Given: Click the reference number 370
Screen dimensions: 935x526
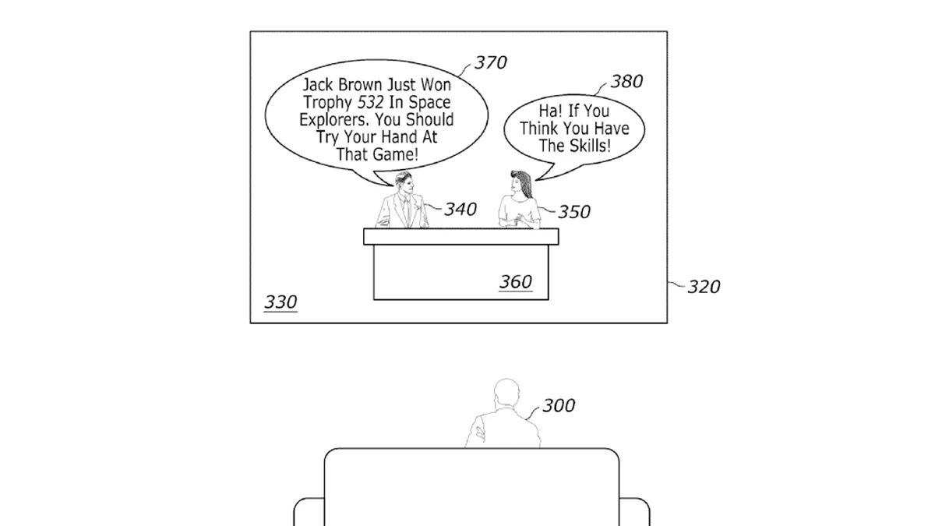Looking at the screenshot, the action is pos(491,62).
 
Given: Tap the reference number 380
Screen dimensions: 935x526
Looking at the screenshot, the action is pos(626,81).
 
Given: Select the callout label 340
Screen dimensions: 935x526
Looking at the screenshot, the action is pos(460,209).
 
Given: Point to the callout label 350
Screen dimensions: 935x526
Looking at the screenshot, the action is pos(574,212).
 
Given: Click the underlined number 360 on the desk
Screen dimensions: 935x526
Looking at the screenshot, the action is pos(516,282).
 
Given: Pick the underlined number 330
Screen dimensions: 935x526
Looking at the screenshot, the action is pos(280,302).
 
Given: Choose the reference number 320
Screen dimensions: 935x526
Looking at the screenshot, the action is pos(704,287).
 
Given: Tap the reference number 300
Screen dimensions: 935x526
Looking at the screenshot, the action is pos(559,405).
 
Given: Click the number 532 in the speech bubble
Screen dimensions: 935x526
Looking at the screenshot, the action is pos(371,102).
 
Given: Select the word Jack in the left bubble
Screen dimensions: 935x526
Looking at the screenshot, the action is pos(318,85).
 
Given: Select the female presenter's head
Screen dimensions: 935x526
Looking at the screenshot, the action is pos(520,183).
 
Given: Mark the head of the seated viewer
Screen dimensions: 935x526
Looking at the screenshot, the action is pos(506,393).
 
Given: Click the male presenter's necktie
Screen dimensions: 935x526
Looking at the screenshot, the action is pos(406,212).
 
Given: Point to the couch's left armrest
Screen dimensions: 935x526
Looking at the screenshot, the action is pos(309,512).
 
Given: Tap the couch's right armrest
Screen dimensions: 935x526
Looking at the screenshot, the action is pos(634,512).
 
